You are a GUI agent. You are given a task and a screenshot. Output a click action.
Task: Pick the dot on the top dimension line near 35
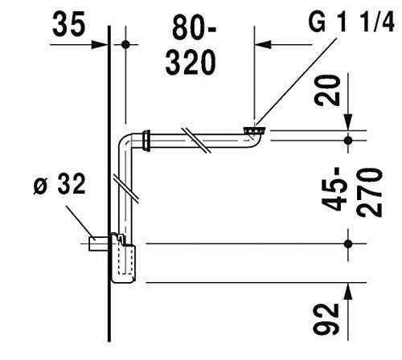tap(126, 46)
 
